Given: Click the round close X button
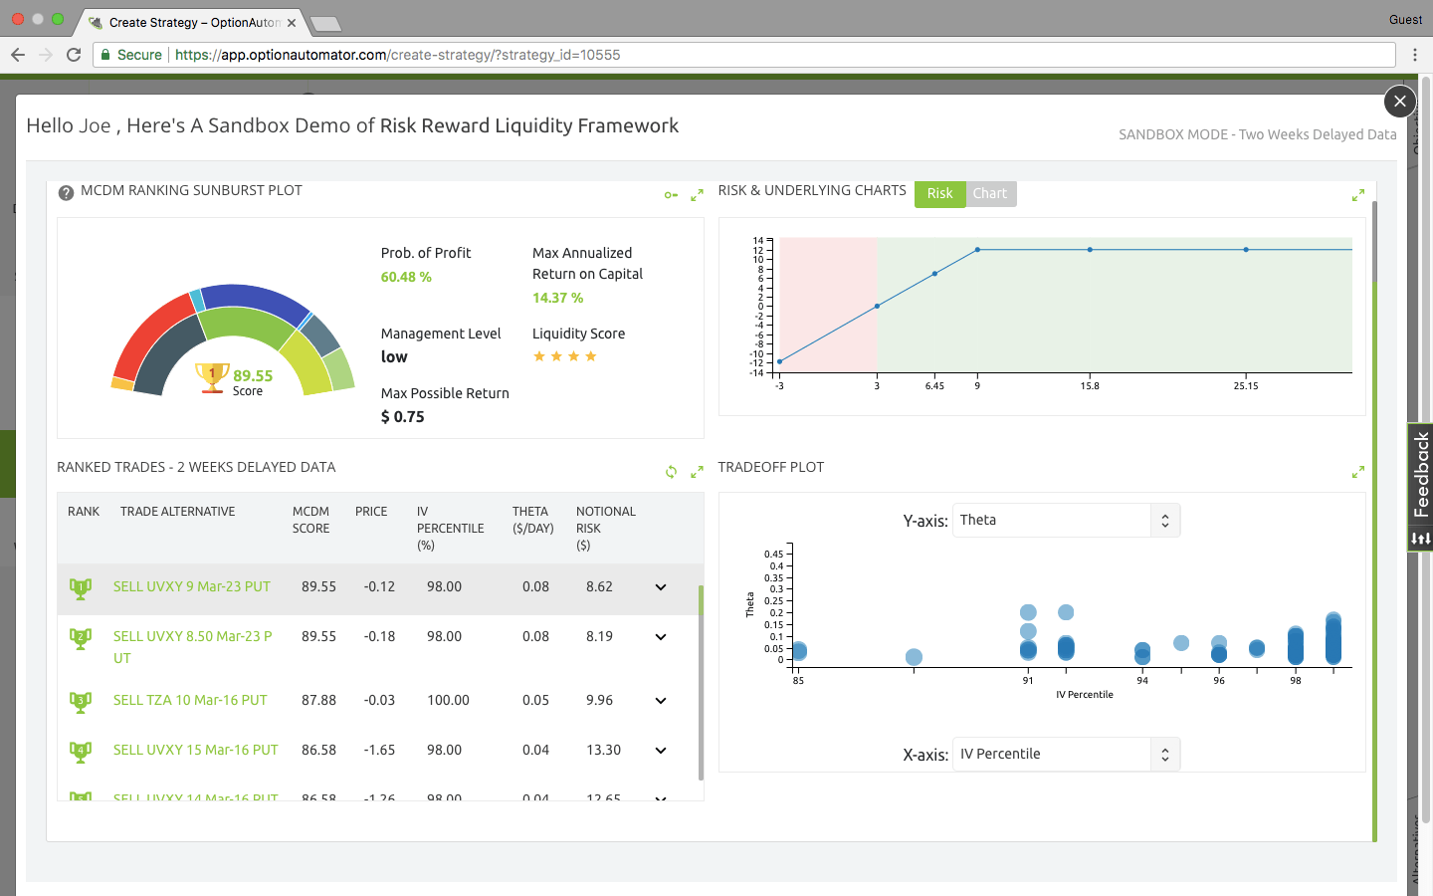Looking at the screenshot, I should coord(1399,101).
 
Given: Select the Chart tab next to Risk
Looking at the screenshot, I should coord(989,193).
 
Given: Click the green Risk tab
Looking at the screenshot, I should coord(939,193).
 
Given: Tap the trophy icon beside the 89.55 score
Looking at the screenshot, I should coord(212,377).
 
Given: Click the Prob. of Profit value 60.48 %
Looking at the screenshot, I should coord(406,277).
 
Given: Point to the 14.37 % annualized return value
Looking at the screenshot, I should coord(557,298).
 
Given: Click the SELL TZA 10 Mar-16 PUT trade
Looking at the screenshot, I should coord(190,700).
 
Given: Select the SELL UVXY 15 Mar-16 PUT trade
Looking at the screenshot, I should coord(195,750).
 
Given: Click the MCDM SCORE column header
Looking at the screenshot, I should coord(310,520).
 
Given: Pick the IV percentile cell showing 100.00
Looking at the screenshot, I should coord(448,700).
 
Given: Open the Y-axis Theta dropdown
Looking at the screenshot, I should coord(1066,520).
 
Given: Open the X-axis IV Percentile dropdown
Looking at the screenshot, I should coord(1066,754).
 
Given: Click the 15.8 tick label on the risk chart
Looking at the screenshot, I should coord(1090,386).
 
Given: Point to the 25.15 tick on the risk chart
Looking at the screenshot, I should coord(1246,386).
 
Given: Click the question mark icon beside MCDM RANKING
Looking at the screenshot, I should coord(66,192).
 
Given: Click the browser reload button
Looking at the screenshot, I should coord(74,55).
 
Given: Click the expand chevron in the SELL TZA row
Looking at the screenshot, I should coord(661,700).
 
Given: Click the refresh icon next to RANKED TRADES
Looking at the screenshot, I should coord(671,472).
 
